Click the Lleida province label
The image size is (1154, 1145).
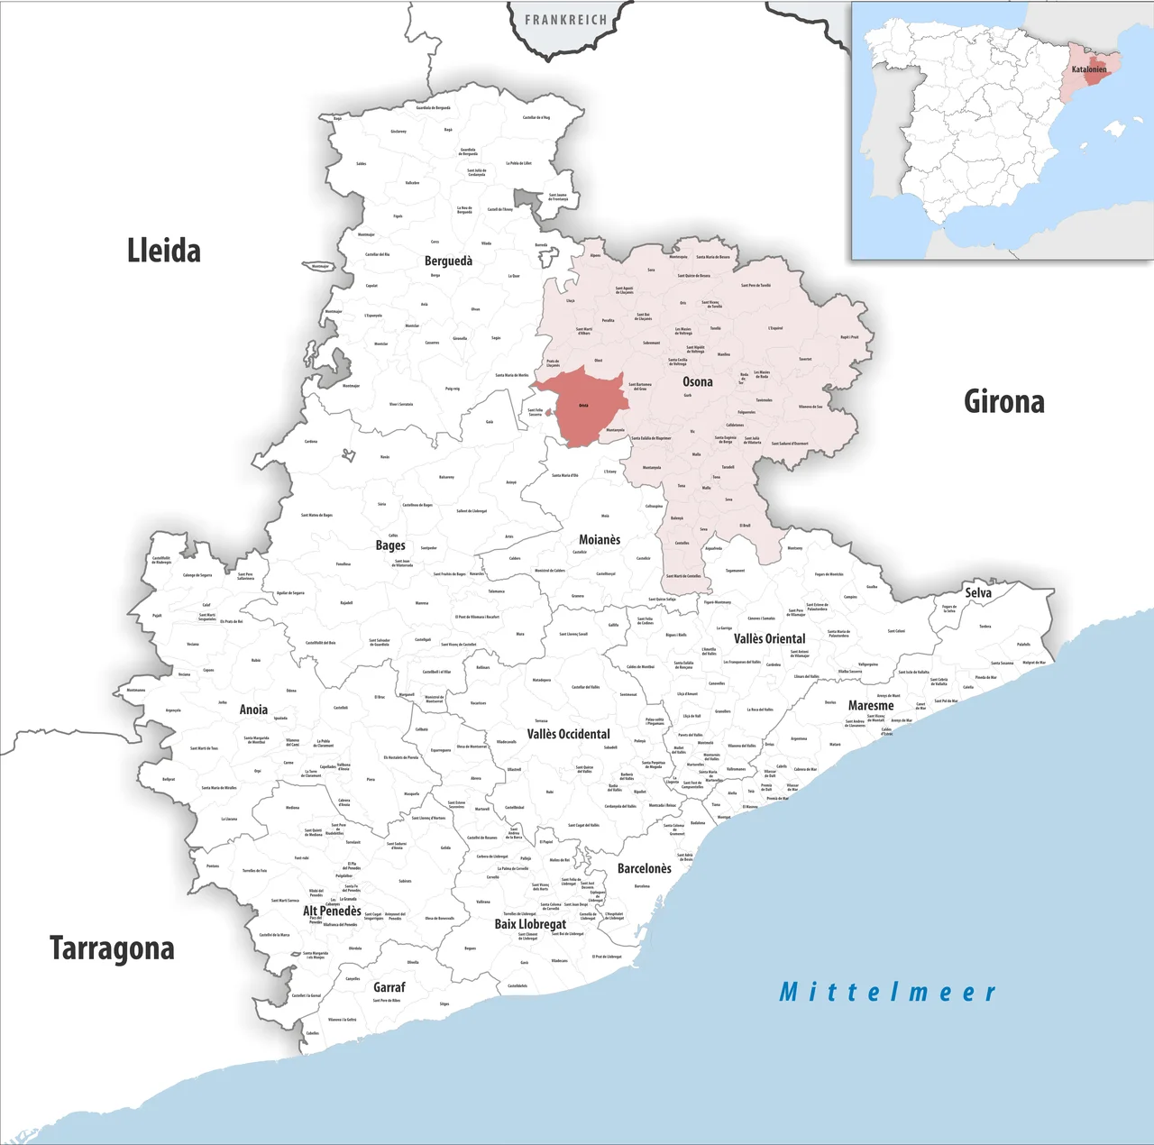tap(163, 251)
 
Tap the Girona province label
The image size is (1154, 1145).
tap(1003, 401)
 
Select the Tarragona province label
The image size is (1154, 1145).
tap(112, 948)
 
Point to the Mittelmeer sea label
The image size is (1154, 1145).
tap(887, 993)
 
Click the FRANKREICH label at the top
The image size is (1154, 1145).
tap(566, 20)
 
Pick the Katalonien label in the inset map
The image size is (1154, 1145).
tap(1089, 69)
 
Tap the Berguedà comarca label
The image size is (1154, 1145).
tap(448, 261)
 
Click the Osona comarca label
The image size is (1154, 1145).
tap(697, 381)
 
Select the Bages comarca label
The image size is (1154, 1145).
tap(390, 545)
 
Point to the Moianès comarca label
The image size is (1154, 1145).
tap(600, 539)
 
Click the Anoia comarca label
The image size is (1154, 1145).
tap(253, 710)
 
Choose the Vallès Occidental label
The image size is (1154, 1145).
tap(568, 734)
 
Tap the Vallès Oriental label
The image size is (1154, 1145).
tap(769, 638)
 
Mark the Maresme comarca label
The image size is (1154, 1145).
tap(871, 705)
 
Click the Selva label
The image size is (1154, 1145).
tap(978, 592)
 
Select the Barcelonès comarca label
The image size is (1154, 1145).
tap(644, 868)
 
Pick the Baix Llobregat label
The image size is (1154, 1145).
tap(530, 924)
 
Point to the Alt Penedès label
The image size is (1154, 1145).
tap(332, 911)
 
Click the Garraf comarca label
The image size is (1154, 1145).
tap(389, 987)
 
